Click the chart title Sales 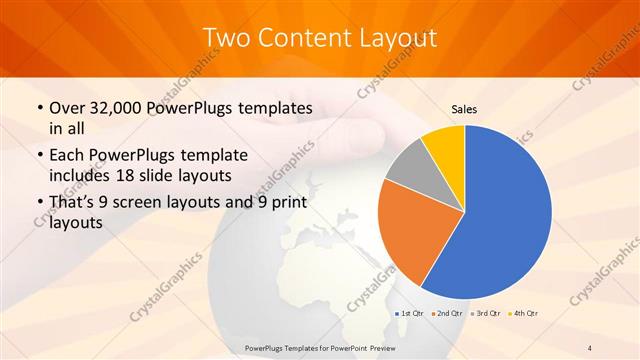tap(464, 108)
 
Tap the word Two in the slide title tap(225, 38)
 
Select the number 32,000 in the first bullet tap(108, 107)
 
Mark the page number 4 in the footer tap(589, 348)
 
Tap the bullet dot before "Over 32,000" tap(38, 108)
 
